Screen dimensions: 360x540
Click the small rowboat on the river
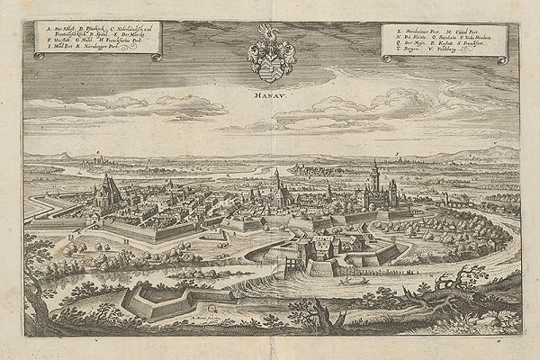(x=354, y=280)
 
